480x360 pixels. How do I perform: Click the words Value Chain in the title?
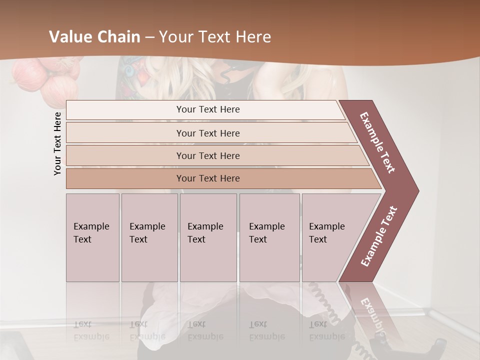94,37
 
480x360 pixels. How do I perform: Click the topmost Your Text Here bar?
207,109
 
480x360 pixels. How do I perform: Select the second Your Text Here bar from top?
207,133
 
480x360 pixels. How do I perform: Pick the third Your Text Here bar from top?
207,155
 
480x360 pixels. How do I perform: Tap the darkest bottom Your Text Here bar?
207,178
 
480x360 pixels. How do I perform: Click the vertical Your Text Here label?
57,143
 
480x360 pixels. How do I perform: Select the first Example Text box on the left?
92,237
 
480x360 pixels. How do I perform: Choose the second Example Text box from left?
149,237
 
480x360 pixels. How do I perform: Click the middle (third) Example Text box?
208,237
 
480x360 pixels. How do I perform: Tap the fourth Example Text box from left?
269,237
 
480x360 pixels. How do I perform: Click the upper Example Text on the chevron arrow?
378,142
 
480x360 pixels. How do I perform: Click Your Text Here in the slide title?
215,37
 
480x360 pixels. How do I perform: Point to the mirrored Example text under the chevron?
372,315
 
